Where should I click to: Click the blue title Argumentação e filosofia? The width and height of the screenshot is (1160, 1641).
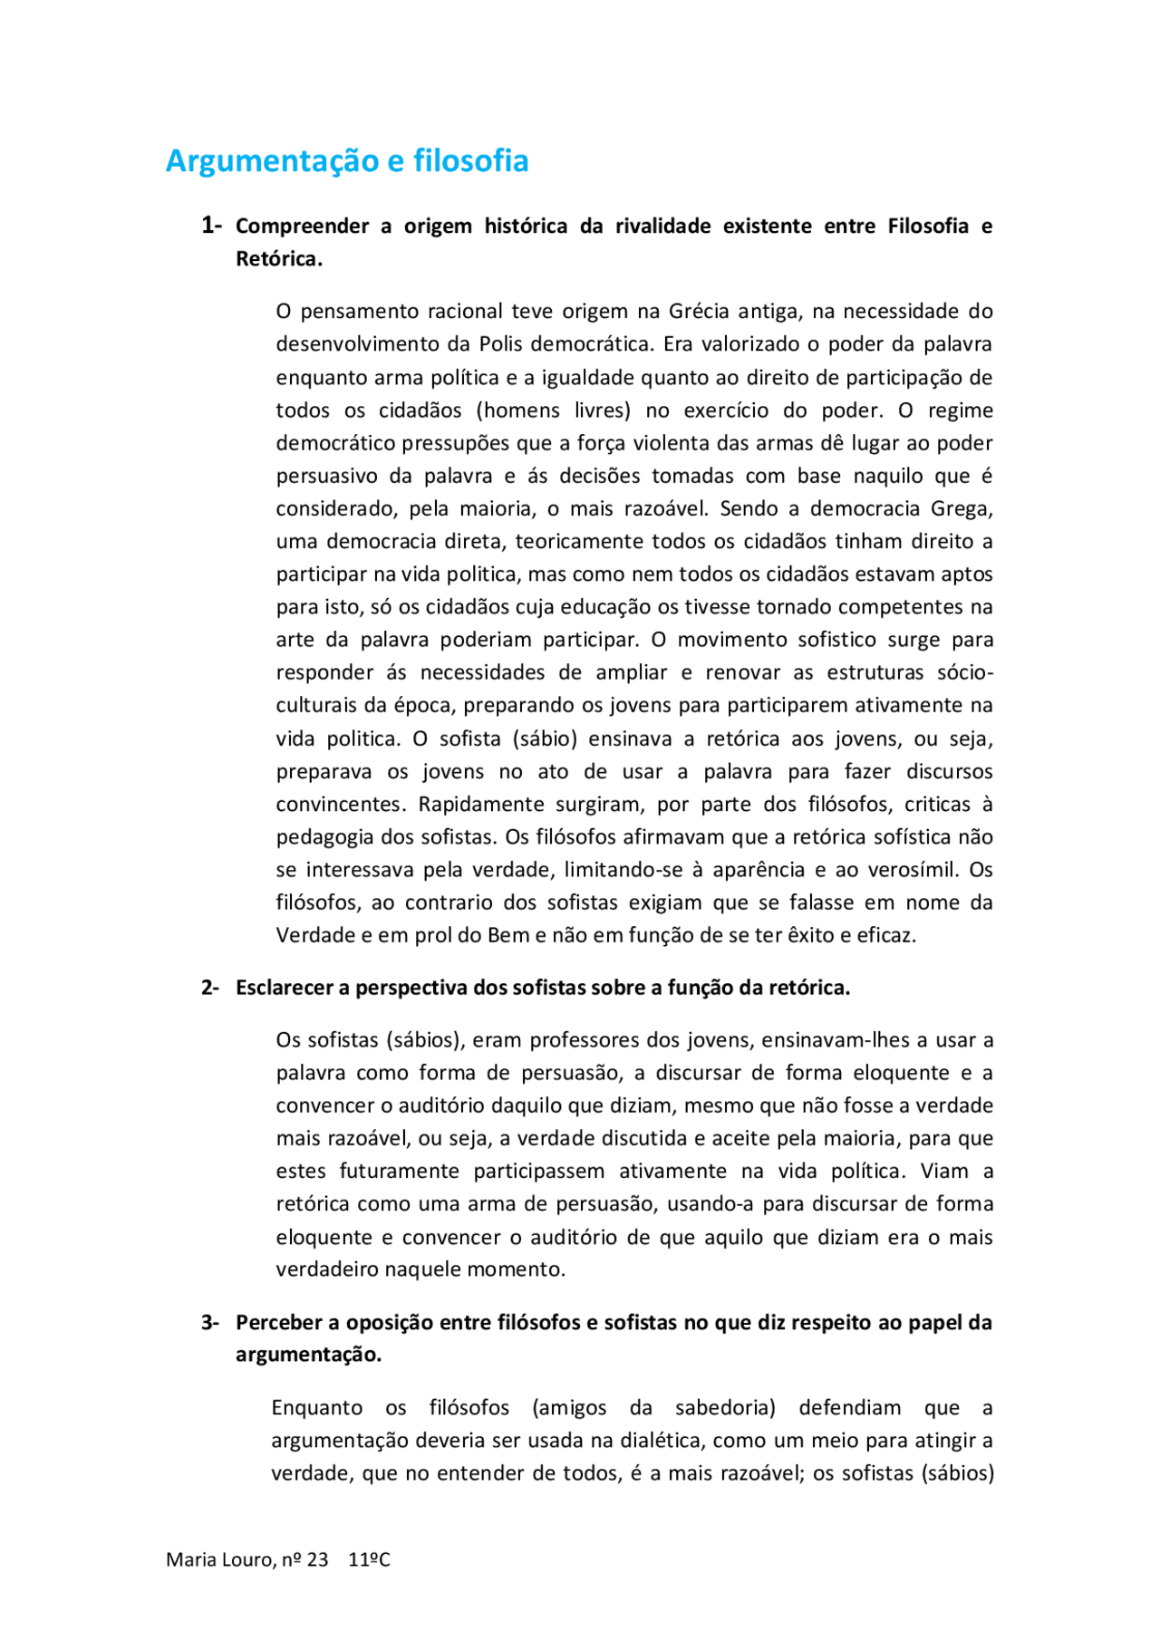(x=347, y=160)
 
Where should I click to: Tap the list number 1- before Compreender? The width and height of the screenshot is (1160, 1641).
(x=210, y=225)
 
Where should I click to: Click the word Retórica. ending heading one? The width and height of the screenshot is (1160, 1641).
(x=279, y=259)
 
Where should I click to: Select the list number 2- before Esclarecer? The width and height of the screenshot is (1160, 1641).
(x=209, y=988)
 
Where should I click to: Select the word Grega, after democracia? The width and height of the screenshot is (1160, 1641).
(x=962, y=508)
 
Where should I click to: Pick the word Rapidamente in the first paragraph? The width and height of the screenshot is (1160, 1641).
(x=478, y=804)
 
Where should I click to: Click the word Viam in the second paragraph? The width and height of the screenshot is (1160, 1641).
(x=945, y=1171)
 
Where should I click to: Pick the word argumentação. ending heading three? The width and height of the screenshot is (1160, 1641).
(x=308, y=1355)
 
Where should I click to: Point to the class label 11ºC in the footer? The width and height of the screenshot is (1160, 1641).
(x=369, y=1559)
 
